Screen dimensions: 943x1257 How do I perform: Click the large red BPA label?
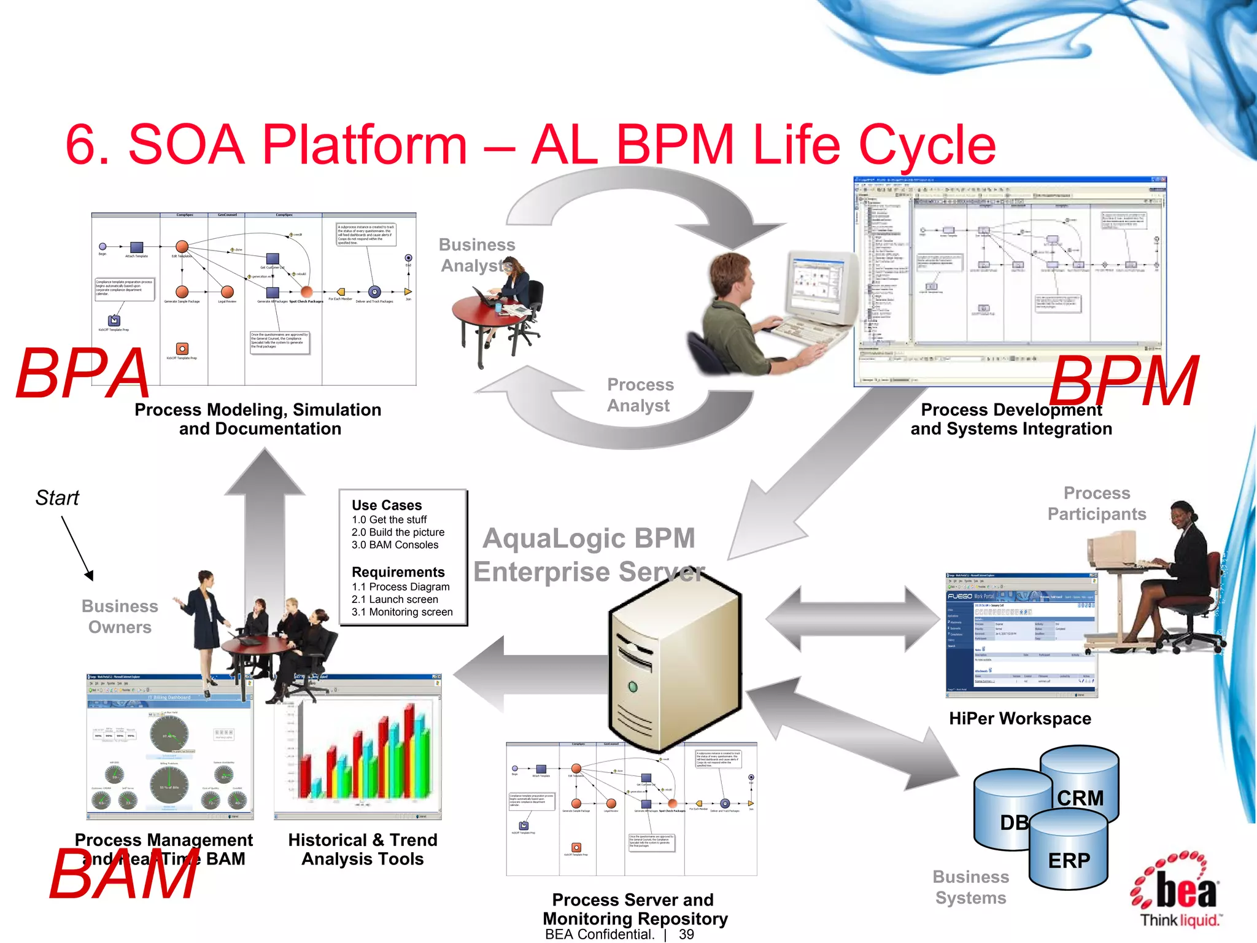click(83, 373)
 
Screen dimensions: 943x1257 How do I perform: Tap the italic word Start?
click(57, 498)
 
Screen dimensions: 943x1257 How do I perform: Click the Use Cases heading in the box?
click(387, 505)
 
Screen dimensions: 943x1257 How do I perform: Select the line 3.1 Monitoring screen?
click(402, 612)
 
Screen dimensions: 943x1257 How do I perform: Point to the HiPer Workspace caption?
click(1019, 718)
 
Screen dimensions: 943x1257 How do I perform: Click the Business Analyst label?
click(476, 255)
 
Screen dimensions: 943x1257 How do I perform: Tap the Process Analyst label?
click(640, 395)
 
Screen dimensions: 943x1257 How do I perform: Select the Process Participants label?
click(1096, 503)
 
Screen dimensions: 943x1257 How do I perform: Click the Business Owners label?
click(120, 616)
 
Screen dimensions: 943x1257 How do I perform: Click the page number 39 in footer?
click(686, 934)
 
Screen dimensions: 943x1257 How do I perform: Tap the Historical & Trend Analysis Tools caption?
click(363, 849)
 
